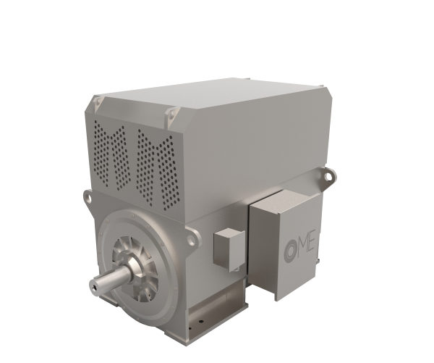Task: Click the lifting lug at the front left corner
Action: tap(87, 194)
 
